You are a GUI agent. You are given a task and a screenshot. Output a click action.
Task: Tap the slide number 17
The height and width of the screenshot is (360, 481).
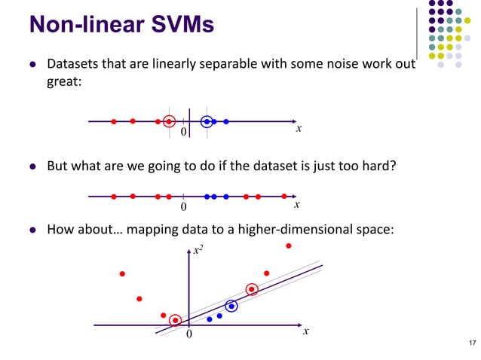(472, 344)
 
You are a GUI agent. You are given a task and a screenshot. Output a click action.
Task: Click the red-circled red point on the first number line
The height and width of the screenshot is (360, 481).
(169, 121)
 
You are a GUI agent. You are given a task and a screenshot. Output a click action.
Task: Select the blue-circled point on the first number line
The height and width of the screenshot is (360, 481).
(207, 121)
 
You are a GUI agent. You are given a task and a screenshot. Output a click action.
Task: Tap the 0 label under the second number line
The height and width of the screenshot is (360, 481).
(183, 206)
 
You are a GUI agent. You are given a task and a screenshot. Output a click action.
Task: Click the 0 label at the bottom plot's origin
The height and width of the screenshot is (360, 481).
(189, 334)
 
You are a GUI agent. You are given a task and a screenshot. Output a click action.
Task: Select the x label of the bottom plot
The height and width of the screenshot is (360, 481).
(305, 332)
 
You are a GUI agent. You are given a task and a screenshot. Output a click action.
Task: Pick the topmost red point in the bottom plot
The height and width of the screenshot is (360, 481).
(288, 246)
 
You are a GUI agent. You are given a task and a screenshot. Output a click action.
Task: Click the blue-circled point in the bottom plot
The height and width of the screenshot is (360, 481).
(231, 306)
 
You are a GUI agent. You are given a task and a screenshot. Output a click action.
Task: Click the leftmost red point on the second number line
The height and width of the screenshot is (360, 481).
(113, 197)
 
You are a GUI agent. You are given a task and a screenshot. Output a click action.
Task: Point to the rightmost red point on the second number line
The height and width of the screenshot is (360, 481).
(284, 197)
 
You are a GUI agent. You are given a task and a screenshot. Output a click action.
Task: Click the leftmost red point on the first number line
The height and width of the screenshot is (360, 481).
(113, 121)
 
